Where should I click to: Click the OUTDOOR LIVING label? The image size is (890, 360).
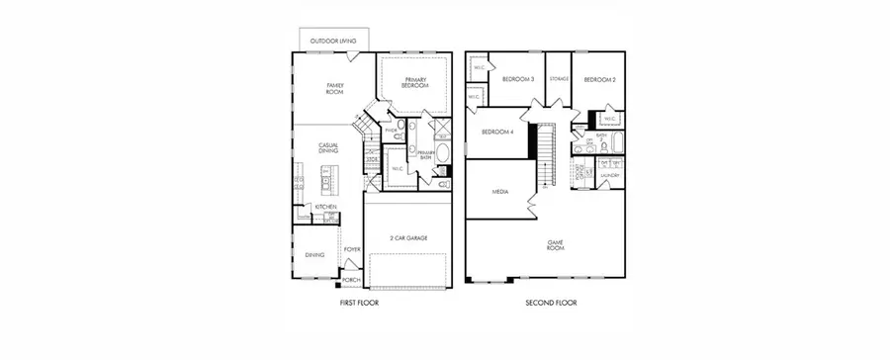(332, 42)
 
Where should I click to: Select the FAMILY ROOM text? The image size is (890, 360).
(335, 88)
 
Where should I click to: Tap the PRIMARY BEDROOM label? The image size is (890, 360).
(415, 84)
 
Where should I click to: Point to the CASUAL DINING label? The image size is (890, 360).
(328, 148)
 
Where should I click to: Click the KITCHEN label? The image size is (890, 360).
(326, 207)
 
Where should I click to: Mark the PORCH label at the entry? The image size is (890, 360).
(352, 281)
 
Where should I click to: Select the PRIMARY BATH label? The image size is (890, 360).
(426, 155)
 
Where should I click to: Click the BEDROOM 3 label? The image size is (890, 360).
(518, 79)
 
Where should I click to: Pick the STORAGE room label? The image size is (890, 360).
(559, 79)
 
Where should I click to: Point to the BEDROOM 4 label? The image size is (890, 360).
(497, 133)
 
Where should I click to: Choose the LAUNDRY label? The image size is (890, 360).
(609, 176)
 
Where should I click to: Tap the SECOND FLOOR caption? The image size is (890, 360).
(551, 302)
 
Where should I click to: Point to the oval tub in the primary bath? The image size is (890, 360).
(442, 153)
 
